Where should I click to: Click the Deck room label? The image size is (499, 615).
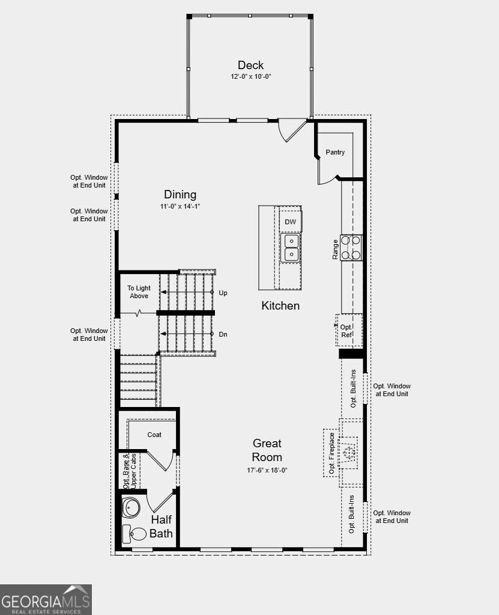tap(250, 65)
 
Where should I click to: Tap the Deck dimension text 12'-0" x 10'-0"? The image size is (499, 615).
tap(250, 76)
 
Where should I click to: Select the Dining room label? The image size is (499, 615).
tap(180, 195)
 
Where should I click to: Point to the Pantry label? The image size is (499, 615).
tap(335, 152)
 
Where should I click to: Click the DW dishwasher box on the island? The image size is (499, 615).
tap(290, 222)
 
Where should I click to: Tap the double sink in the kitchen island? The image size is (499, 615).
tap(291, 248)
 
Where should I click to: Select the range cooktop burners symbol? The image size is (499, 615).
tap(351, 248)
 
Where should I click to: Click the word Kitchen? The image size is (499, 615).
tap(280, 306)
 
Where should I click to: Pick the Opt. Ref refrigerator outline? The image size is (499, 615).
tap(349, 330)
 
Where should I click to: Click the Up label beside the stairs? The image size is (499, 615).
tap(223, 293)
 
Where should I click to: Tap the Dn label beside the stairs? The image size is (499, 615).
tap(223, 334)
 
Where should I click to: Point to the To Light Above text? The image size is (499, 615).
tap(139, 292)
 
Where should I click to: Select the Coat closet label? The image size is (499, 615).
tap(154, 435)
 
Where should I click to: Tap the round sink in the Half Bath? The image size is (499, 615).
tap(131, 507)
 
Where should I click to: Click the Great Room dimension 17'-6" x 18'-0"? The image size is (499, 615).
tap(267, 470)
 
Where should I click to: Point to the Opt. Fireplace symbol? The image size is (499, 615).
tap(340, 453)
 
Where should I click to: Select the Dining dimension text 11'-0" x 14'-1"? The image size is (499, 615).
tap(180, 206)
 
